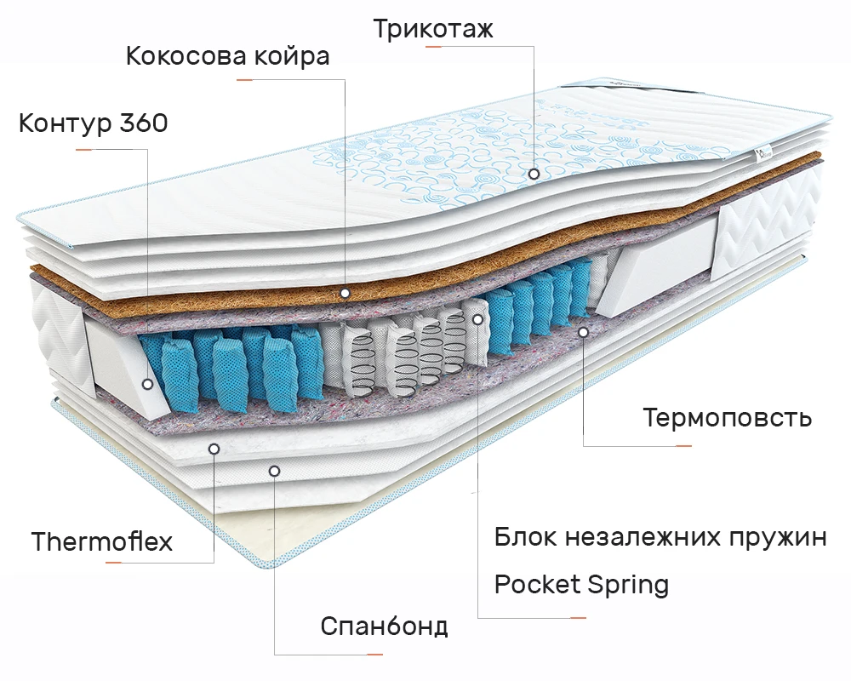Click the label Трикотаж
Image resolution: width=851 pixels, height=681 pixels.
(433, 29)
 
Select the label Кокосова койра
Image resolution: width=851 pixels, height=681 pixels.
(228, 57)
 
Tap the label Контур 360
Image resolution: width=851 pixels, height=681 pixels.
(94, 123)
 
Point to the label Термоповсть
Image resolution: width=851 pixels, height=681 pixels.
(728, 418)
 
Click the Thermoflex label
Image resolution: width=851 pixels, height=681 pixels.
(102, 541)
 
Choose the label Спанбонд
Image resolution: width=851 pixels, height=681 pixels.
(384, 627)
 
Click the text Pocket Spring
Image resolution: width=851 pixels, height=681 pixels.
(581, 585)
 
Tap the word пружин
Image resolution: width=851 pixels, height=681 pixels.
(779, 538)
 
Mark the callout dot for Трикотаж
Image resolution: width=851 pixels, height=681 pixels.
(534, 173)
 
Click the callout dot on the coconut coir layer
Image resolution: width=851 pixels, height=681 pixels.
(345, 293)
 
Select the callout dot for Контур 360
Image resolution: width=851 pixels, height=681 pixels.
(147, 384)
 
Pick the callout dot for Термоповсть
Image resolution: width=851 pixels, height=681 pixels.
(583, 331)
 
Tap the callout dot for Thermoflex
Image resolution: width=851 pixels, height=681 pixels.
(213, 448)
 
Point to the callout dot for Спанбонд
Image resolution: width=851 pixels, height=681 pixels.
(274, 470)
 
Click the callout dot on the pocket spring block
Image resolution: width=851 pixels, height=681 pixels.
(478, 318)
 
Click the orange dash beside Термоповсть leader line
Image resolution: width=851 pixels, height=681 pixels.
(678, 445)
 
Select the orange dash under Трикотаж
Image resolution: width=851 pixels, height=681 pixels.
(433, 46)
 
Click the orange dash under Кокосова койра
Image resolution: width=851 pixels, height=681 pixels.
(245, 80)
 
